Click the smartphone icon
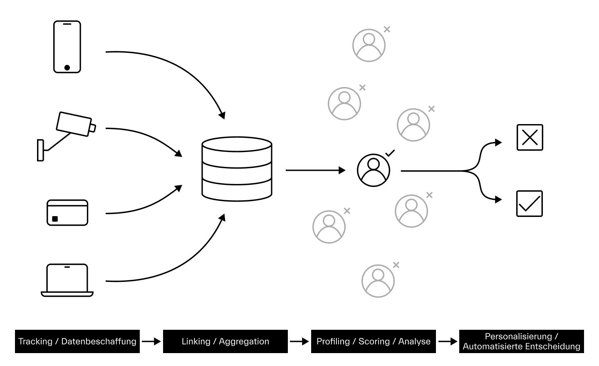[x=67, y=47]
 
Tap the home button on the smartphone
[x=67, y=68]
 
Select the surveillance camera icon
[x=67, y=136]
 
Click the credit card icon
[x=67, y=213]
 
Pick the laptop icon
[x=67, y=280]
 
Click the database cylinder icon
[x=237, y=169]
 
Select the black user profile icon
[x=374, y=170]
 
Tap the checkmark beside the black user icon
[x=390, y=153]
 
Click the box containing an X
[x=530, y=137]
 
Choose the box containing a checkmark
[x=530, y=204]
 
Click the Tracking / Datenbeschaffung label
[x=77, y=341]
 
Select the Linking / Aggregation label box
[x=225, y=341]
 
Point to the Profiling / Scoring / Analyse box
[x=374, y=341]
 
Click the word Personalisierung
[x=518, y=336]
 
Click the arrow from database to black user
[x=316, y=170]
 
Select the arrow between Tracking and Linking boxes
[x=151, y=341]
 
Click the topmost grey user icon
[x=369, y=45]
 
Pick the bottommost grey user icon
[x=378, y=281]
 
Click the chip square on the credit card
[x=55, y=219]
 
